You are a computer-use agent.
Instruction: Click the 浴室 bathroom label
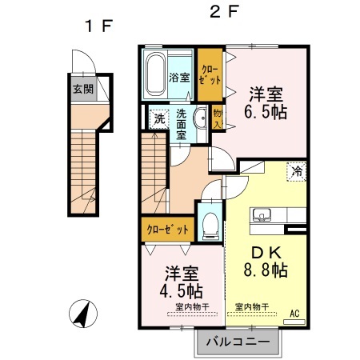(x=180, y=78)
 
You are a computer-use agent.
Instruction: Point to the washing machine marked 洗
(x=158, y=118)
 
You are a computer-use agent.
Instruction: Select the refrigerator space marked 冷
(x=297, y=170)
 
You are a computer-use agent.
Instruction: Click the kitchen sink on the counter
(x=262, y=214)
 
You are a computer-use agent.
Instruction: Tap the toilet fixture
(x=210, y=223)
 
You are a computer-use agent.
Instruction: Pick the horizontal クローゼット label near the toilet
(x=168, y=230)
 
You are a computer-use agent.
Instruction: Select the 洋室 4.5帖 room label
(x=182, y=279)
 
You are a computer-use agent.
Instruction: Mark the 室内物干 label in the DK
(x=251, y=306)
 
